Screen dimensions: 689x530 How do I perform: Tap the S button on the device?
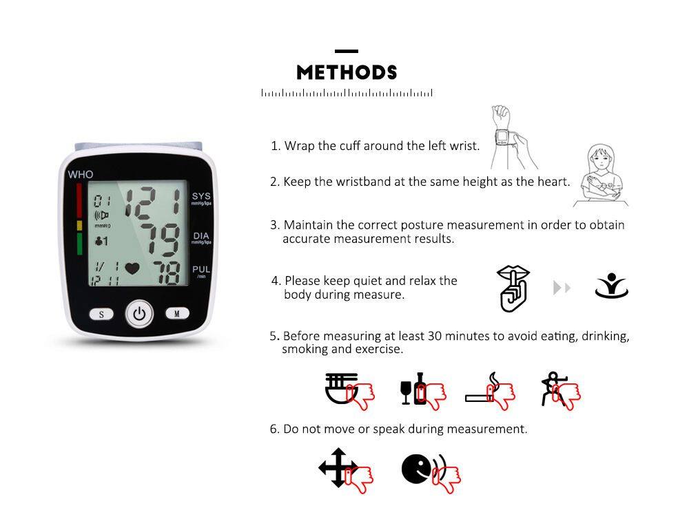[101, 314]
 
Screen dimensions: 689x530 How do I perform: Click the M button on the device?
[177, 313]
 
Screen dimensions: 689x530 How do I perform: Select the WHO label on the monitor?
[81, 174]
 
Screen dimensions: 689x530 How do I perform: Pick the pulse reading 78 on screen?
[167, 273]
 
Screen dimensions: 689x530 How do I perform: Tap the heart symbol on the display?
[132, 268]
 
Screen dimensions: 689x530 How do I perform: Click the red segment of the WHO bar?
[79, 200]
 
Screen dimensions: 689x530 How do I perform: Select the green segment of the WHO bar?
[79, 244]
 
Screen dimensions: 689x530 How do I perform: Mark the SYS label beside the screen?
[201, 196]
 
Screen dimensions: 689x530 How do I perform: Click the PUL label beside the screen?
[201, 269]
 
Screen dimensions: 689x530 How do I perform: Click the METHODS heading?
[347, 72]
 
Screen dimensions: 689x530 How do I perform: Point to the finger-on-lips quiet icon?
[513, 288]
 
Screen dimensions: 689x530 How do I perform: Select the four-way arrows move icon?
[338, 467]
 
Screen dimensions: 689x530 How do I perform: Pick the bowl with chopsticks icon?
[342, 388]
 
